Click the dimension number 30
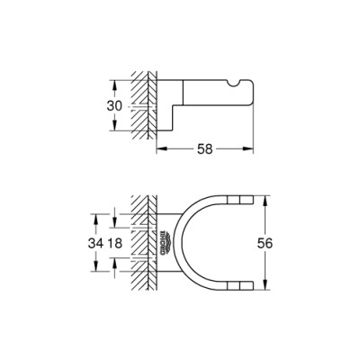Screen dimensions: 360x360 tap(102, 104)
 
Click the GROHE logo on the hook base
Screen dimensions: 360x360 tap(166, 240)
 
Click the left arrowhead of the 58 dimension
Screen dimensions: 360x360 tap(161, 146)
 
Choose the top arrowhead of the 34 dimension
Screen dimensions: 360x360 tap(94, 216)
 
